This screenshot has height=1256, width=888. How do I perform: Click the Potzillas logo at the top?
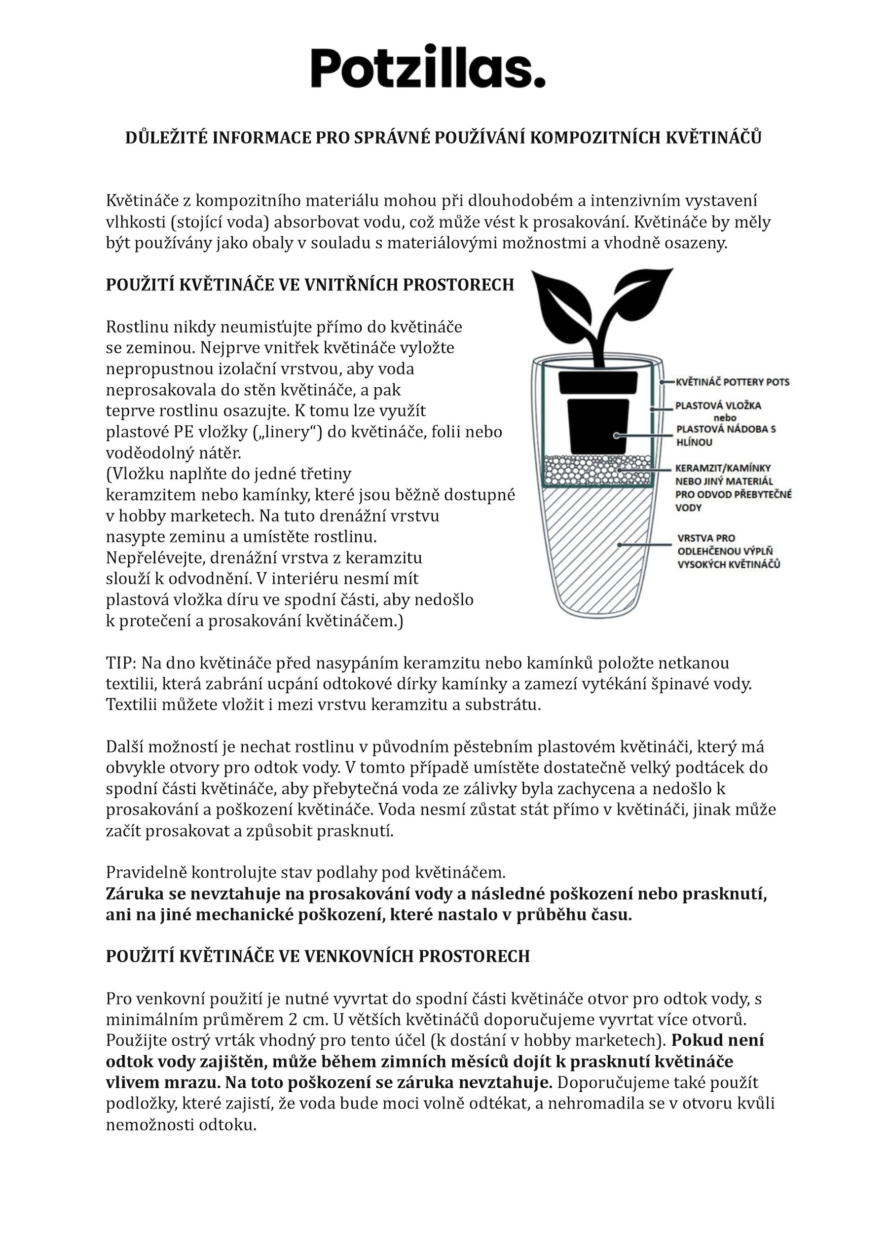pos(428,67)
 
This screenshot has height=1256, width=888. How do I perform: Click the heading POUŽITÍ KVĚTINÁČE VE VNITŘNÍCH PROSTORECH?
pos(310,285)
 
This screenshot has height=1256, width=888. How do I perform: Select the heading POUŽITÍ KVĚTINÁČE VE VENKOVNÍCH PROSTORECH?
pos(317,956)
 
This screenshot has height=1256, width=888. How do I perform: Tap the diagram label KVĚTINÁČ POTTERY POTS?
pos(733,382)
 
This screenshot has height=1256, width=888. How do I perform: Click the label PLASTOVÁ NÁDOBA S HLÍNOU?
pos(726,436)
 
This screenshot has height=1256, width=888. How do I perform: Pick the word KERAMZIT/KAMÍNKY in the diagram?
pos(722,468)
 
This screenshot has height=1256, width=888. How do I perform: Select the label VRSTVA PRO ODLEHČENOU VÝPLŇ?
pos(728,552)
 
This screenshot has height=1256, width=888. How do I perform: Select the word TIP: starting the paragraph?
pos(121,664)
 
